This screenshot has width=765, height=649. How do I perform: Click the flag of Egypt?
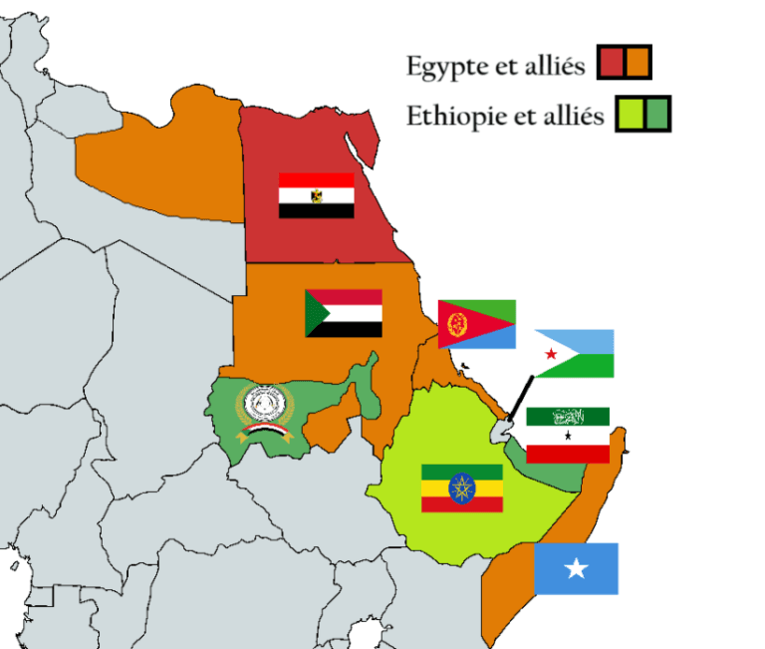click(x=316, y=195)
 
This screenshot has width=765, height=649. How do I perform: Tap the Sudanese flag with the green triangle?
click(x=344, y=313)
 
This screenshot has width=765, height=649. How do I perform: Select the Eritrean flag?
click(x=477, y=324)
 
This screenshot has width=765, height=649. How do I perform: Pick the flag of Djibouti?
click(x=574, y=354)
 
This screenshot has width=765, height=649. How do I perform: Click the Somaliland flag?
click(x=568, y=435)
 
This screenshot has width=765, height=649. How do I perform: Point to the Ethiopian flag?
click(x=461, y=488)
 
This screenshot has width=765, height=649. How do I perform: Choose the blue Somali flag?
click(x=576, y=568)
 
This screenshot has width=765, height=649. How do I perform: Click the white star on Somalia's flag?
click(x=576, y=568)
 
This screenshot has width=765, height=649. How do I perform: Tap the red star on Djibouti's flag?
click(x=551, y=355)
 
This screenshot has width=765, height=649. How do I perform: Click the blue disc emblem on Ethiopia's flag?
click(x=461, y=488)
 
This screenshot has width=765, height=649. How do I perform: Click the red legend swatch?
click(x=612, y=63)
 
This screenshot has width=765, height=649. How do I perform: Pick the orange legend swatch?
click(x=637, y=63)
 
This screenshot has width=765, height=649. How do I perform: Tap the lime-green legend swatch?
click(x=630, y=114)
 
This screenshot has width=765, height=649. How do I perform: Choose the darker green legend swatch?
click(x=656, y=114)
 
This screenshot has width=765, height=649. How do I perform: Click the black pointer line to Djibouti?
click(x=518, y=399)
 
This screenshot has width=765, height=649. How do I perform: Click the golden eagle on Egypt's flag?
click(x=316, y=195)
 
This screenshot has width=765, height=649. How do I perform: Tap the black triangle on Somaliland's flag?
click(x=568, y=436)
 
